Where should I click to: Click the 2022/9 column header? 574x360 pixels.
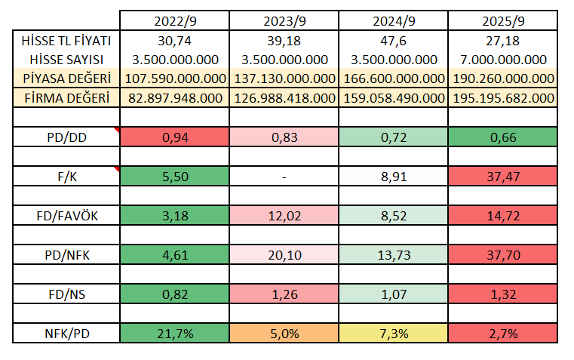(175, 21)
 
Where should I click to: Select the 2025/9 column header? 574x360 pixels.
(506, 21)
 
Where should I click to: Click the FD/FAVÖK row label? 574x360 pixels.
(66, 215)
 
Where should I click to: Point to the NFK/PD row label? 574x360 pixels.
(66, 332)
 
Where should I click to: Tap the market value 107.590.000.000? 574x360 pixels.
(175, 78)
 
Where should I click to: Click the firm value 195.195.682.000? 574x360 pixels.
(506, 97)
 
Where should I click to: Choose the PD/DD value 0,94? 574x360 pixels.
(175, 137)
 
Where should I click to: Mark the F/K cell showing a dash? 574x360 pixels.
(285, 176)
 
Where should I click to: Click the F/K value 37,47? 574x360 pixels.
(506, 176)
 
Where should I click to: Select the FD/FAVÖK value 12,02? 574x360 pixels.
(285, 215)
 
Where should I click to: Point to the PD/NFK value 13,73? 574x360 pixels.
(394, 254)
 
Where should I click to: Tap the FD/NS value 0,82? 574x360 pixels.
(175, 294)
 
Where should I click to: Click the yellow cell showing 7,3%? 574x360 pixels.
(394, 332)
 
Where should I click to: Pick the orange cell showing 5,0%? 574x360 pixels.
(285, 332)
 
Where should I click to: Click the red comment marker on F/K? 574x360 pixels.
(117, 170)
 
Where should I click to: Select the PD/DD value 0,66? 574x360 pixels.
(506, 137)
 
